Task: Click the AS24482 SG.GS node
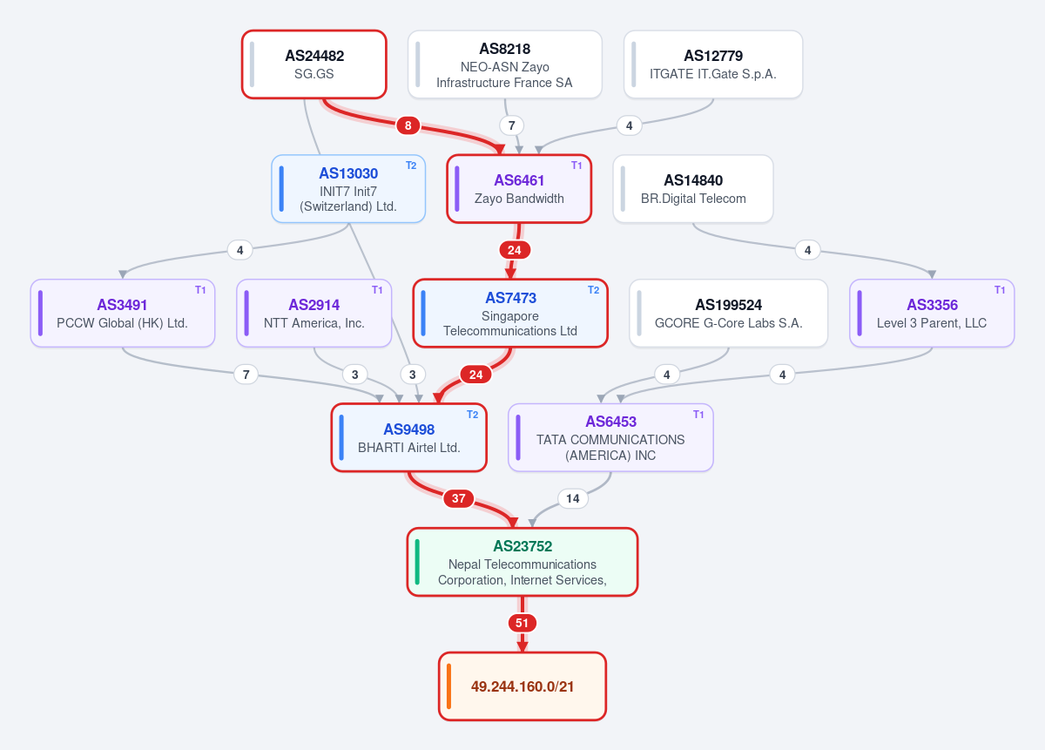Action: [x=314, y=64]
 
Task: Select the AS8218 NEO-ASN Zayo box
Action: [x=505, y=64]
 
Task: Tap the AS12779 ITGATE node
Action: [x=713, y=64]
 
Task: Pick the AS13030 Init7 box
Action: [x=348, y=188]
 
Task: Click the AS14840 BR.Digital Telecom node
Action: [x=693, y=188]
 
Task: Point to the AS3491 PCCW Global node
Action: [x=123, y=314]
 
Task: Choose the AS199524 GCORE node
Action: [x=729, y=314]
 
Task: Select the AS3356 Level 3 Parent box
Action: [x=932, y=314]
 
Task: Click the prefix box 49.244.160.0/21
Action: [x=522, y=686]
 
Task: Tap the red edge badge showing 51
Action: [x=522, y=623]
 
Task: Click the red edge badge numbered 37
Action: [x=459, y=498]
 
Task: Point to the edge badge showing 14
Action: [x=573, y=498]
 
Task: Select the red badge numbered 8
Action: [x=408, y=125]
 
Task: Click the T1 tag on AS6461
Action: [x=576, y=166]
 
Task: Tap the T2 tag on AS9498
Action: [x=472, y=415]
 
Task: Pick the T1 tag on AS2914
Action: [x=377, y=290]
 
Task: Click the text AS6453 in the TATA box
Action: [x=611, y=422]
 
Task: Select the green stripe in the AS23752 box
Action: [x=417, y=562]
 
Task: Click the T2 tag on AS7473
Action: [x=593, y=290]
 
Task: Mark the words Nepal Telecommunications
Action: [x=522, y=564]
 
